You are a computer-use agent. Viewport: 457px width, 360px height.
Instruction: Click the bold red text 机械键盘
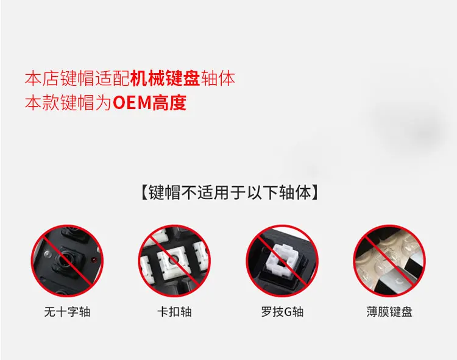[165, 78]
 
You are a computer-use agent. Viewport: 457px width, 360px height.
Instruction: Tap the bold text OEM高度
[149, 102]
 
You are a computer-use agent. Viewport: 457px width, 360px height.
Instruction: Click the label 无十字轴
[67, 312]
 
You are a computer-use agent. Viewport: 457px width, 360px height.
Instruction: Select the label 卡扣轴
[175, 312]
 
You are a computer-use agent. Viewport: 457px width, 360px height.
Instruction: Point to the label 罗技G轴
[282, 312]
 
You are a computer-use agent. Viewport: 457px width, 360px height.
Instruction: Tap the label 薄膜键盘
[390, 312]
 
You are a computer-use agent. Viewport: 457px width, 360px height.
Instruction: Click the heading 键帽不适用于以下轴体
[229, 192]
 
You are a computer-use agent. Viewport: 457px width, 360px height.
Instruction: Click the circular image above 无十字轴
[67, 261]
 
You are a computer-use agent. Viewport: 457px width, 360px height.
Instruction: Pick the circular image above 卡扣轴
[175, 261]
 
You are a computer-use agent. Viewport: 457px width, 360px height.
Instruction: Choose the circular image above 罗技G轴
[282, 261]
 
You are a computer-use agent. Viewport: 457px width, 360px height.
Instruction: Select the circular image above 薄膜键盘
[390, 261]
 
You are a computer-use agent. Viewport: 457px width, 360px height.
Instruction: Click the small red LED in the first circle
[94, 259]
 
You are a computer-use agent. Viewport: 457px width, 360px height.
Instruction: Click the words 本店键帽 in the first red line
[60, 78]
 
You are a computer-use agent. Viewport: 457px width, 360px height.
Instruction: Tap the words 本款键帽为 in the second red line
[68, 102]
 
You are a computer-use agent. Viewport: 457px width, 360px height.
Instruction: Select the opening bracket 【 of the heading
[144, 192]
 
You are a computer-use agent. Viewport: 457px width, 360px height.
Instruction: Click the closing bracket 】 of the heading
[315, 192]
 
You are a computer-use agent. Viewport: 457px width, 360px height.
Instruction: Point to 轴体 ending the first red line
[218, 78]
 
